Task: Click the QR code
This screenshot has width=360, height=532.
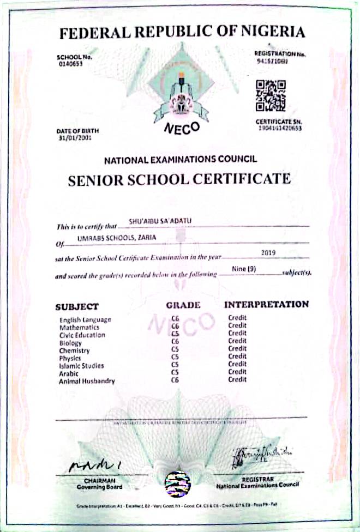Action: click(x=271, y=96)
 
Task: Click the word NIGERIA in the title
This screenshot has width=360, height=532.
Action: click(x=274, y=32)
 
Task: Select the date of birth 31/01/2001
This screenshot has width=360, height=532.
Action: click(x=74, y=138)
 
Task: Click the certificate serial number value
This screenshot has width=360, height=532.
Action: click(x=279, y=128)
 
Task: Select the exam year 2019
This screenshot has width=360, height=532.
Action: click(x=269, y=252)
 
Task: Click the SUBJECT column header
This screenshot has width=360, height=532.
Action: click(x=77, y=306)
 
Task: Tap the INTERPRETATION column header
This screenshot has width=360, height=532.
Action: click(x=267, y=304)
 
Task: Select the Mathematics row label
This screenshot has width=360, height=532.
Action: click(x=80, y=328)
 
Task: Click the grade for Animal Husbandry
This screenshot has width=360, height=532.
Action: click(x=175, y=380)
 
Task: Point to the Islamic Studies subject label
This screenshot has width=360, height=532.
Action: click(x=81, y=366)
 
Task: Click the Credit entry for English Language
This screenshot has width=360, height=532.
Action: click(x=237, y=318)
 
